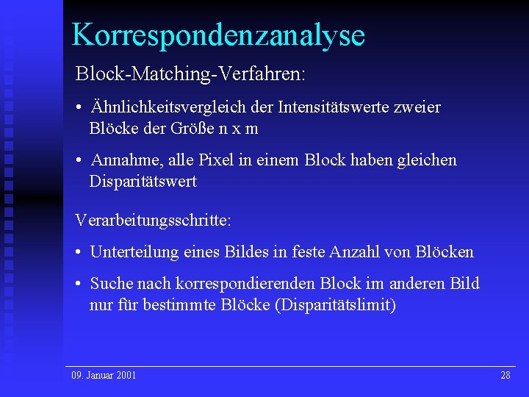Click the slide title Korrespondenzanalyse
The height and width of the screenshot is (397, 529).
[218, 35]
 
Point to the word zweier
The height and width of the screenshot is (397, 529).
[418, 107]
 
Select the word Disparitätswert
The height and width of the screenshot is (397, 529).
[143, 181]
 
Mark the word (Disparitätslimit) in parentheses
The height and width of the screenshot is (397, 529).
[335, 304]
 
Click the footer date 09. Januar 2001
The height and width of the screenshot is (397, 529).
[104, 376]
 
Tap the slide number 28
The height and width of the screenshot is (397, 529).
[505, 376]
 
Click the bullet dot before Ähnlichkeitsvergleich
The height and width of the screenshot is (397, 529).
[78, 108]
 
